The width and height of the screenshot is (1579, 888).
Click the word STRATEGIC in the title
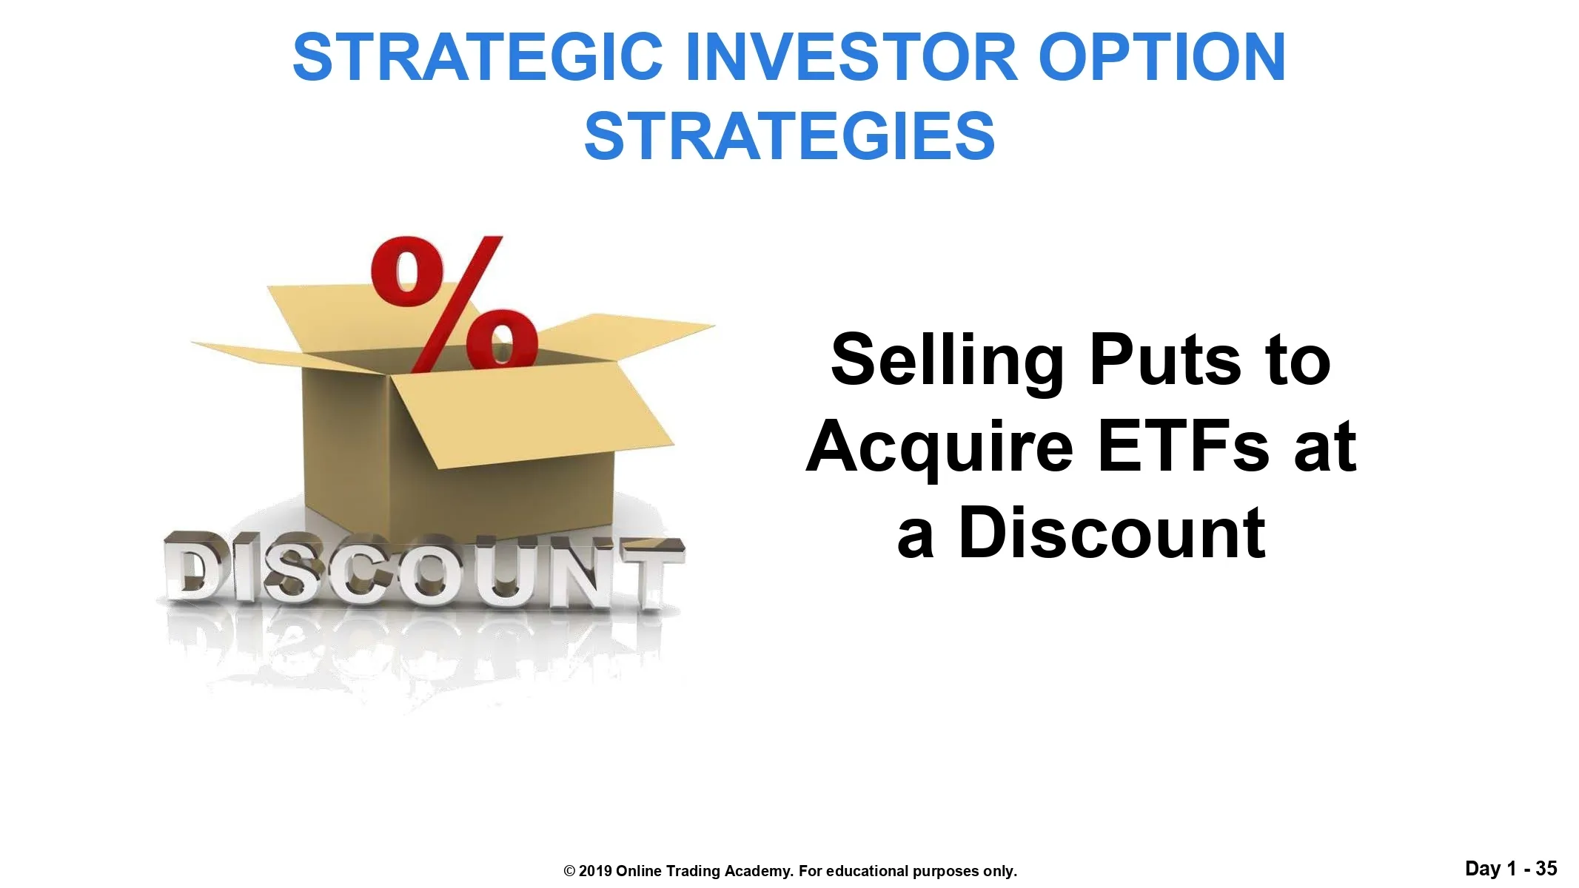coord(477,58)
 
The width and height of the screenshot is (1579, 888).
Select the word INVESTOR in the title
coord(850,58)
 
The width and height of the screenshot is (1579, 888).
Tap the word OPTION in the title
coord(1161,58)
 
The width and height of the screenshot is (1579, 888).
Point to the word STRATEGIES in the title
coord(789,136)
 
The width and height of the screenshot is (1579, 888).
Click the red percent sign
coord(453,303)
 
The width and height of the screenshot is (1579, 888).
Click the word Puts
coord(1164,361)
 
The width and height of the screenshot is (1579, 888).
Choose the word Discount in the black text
coord(1111,533)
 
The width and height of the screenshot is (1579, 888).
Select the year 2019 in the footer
coord(595,871)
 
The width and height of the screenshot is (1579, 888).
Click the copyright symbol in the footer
coord(569,871)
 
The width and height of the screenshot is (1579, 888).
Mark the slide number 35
coord(1546,868)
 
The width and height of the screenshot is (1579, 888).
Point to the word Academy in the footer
coord(762,872)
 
